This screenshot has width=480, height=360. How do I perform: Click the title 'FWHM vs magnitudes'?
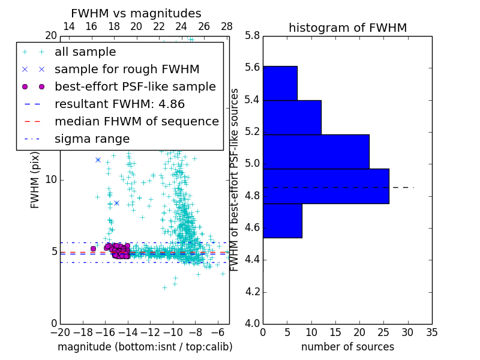click(x=136, y=13)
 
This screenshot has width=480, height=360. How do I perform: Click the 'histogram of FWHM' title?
click(x=347, y=28)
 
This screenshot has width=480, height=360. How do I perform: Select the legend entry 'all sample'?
click(x=85, y=52)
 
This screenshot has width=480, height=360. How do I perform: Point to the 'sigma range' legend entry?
click(x=92, y=139)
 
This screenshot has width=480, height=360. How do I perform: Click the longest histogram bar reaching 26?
click(x=326, y=186)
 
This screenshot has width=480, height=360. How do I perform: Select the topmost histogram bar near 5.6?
click(x=280, y=83)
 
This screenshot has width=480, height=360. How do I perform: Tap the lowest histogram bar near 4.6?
click(x=282, y=220)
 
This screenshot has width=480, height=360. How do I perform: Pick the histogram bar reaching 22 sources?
click(x=316, y=151)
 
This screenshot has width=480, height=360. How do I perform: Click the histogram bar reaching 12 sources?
click(x=292, y=117)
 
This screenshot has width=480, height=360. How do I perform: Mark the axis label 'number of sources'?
click(x=347, y=347)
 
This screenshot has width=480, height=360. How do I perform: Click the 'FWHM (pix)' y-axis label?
click(x=35, y=179)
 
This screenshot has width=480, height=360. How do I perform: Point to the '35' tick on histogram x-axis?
click(x=431, y=332)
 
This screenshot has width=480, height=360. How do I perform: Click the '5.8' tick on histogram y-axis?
click(x=252, y=35)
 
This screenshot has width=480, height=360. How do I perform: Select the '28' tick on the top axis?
click(x=227, y=26)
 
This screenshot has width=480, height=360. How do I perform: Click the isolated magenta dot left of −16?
click(x=93, y=248)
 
